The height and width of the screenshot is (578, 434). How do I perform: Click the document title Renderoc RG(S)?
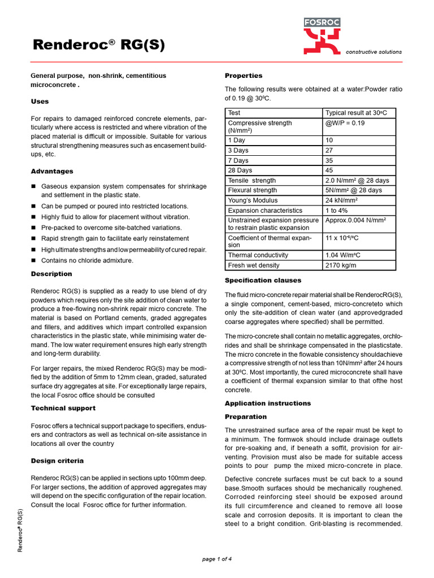pyautogui.click(x=99, y=45)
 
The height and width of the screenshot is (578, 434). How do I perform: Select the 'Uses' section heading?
pyautogui.click(x=40, y=102)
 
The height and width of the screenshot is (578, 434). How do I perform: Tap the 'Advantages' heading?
pyautogui.click(x=52, y=171)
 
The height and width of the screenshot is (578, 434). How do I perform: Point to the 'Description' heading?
pyautogui.click(x=51, y=274)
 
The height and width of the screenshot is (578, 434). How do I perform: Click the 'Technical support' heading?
pyautogui.click(x=63, y=408)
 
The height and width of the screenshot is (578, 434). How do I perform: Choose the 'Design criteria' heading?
pyautogui.click(x=57, y=461)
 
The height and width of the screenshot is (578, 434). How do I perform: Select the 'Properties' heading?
pyautogui.click(x=244, y=76)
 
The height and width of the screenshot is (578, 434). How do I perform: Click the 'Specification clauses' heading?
pyautogui.click(x=263, y=281)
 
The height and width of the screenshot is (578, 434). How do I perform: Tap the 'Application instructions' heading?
pyautogui.click(x=268, y=403)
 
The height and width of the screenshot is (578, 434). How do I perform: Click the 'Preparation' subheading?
pyautogui.click(x=246, y=417)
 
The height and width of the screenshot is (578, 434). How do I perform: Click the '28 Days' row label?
pyautogui.click(x=240, y=170)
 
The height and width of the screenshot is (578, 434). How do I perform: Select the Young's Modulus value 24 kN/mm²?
pyautogui.click(x=345, y=200)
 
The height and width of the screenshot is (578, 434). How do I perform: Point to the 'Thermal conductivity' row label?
pyautogui.click(x=258, y=255)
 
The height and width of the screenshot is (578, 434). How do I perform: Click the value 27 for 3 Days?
pyautogui.click(x=329, y=151)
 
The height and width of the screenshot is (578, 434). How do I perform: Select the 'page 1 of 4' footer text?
pyautogui.click(x=217, y=559)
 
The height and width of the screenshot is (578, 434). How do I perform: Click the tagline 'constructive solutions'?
pyautogui.click(x=374, y=52)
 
